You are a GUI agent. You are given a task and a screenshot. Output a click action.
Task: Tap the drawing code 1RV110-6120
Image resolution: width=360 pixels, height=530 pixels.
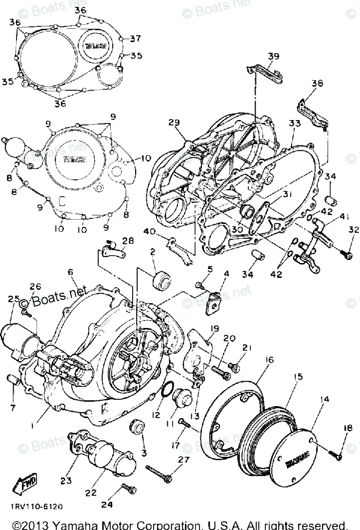click(x=36, y=507)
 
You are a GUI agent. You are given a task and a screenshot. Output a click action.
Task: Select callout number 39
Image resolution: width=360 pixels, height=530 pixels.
click(x=274, y=56)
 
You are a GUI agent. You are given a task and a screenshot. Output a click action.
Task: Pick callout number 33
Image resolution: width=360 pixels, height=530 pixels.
click(x=294, y=124)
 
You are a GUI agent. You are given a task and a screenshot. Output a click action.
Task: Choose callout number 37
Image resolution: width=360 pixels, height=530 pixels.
click(x=135, y=39)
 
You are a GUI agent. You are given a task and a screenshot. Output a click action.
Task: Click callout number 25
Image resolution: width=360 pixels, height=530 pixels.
click(x=13, y=298)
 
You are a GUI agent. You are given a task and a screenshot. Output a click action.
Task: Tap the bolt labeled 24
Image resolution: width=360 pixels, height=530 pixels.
click(x=128, y=488)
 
